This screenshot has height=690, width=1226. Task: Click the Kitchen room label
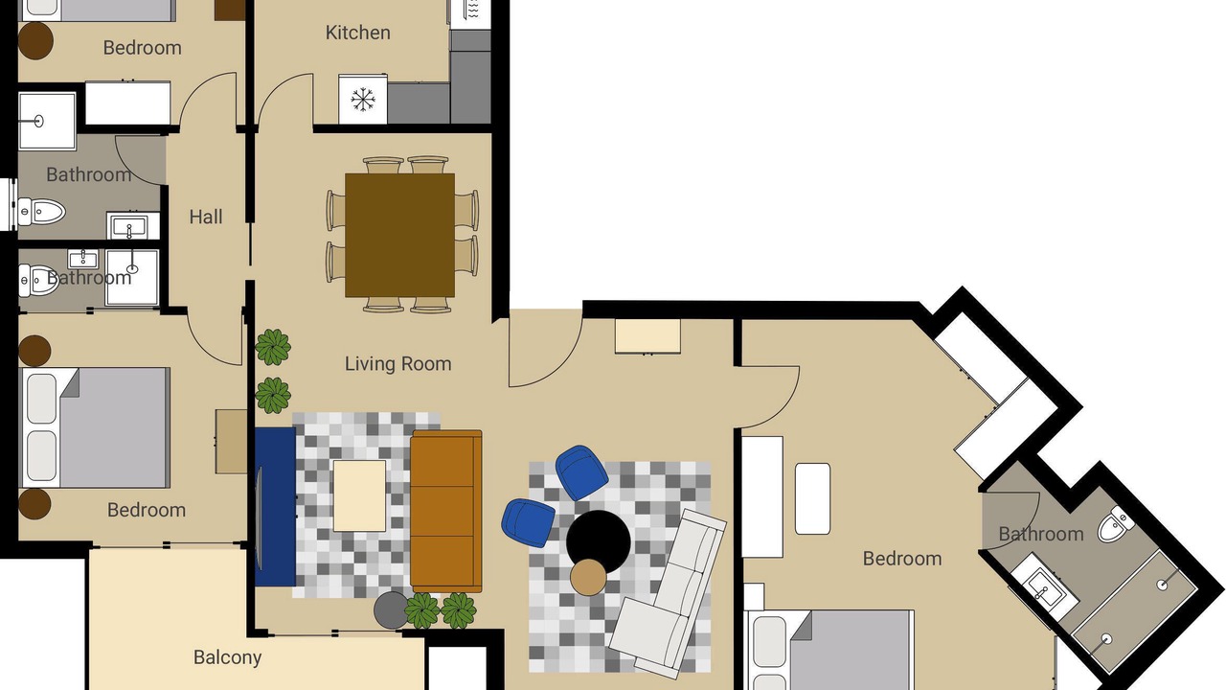click(x=358, y=33)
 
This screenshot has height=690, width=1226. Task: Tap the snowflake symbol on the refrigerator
click(x=363, y=101)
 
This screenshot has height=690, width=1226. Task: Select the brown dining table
click(x=399, y=236)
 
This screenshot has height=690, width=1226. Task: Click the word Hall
click(x=206, y=217)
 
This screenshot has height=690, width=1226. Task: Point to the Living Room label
click(x=397, y=363)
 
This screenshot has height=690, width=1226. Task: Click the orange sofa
click(x=446, y=512)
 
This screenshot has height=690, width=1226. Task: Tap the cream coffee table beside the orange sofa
click(x=359, y=495)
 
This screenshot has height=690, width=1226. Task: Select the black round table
click(x=599, y=542)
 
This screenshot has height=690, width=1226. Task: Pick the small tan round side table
click(x=588, y=578)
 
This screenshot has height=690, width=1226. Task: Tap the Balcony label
click(x=227, y=657)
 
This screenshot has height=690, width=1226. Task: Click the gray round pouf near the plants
click(x=392, y=610)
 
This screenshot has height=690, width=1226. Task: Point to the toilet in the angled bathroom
click(x=1115, y=524)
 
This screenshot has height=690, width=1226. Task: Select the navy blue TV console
click(x=275, y=507)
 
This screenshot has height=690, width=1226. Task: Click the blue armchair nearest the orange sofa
click(x=528, y=523)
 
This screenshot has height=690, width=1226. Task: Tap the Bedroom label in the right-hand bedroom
click(x=902, y=559)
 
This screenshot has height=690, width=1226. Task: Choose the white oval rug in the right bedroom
click(x=813, y=499)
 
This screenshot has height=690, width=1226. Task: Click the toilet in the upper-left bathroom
click(x=41, y=212)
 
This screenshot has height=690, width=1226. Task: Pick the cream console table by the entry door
click(x=647, y=336)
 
